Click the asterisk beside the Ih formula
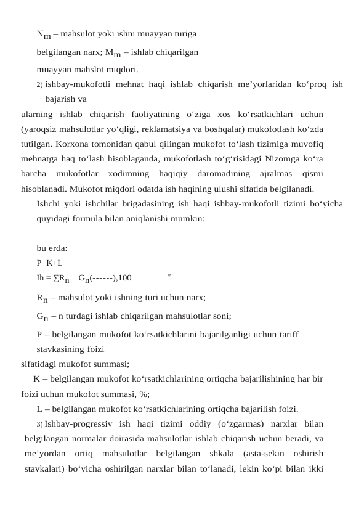169,276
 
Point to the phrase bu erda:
52,248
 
